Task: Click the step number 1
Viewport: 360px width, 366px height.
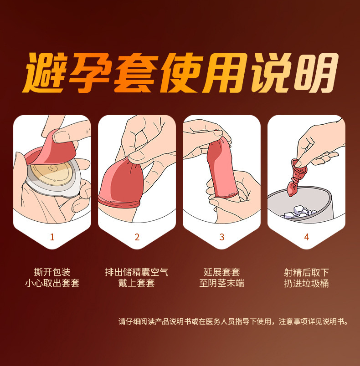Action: point(52,237)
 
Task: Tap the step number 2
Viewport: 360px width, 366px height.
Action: point(137,237)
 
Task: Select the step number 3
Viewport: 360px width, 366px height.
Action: point(222,237)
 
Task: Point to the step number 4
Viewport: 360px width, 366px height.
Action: point(307,237)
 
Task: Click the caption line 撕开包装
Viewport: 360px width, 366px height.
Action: point(52,272)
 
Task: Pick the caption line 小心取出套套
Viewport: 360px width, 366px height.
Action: point(52,283)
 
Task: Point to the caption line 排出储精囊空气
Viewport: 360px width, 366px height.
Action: point(137,272)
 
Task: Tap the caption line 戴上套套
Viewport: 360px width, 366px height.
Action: point(137,283)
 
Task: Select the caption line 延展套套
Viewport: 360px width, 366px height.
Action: point(222,272)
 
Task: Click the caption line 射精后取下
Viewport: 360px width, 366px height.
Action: point(306,272)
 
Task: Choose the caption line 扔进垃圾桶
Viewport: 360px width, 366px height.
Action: point(306,283)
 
